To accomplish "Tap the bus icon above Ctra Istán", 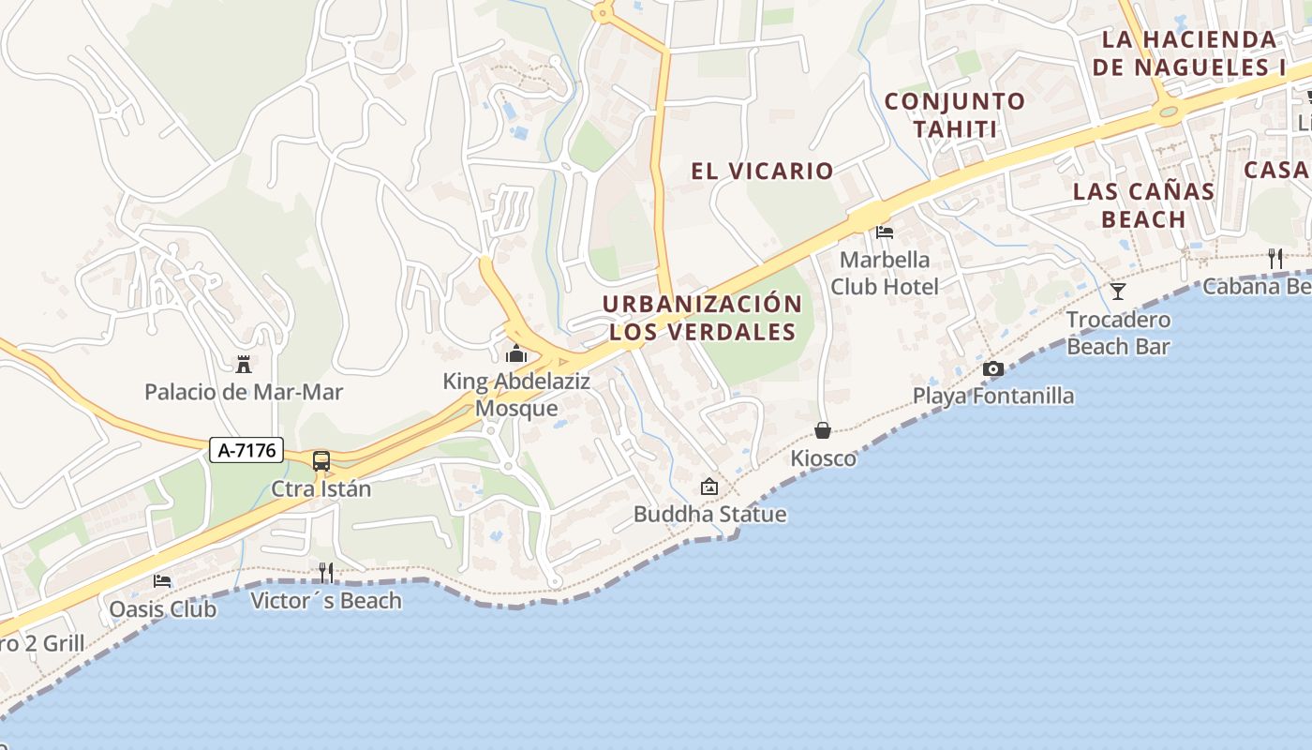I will [x=321, y=461].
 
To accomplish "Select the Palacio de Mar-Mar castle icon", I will [x=244, y=364].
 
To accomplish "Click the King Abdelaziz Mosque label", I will [x=515, y=395].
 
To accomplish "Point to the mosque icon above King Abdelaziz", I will [x=515, y=353].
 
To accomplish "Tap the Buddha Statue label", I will [x=709, y=514].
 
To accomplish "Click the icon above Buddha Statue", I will [x=709, y=487].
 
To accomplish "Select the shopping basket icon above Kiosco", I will [x=823, y=430].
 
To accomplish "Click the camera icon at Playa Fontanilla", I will [x=993, y=369].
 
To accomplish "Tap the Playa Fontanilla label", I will [x=993, y=396].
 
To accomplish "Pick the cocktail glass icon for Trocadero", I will [x=1118, y=292].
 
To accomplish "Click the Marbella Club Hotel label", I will [x=884, y=273].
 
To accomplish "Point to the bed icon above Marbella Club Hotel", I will [x=884, y=232].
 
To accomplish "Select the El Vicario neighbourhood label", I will [x=762, y=171].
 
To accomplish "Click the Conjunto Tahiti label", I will [x=954, y=114].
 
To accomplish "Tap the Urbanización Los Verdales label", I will [x=702, y=318].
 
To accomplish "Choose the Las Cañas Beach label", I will [x=1143, y=205].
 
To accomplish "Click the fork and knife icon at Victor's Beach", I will [x=326, y=572].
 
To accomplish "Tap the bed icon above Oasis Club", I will [x=162, y=581].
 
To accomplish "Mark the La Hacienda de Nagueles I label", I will [x=1188, y=53].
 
